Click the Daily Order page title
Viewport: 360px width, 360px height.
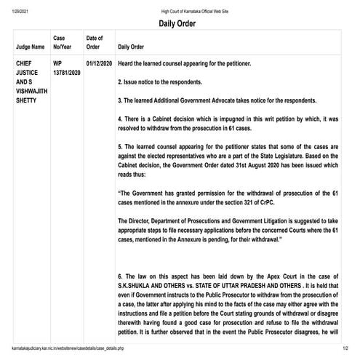click(180, 23)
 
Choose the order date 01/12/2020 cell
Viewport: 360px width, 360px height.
click(98, 64)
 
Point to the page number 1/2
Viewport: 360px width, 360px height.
click(345, 352)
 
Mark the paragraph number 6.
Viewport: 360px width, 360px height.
click(120, 277)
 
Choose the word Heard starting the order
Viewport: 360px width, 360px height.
click(127, 64)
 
